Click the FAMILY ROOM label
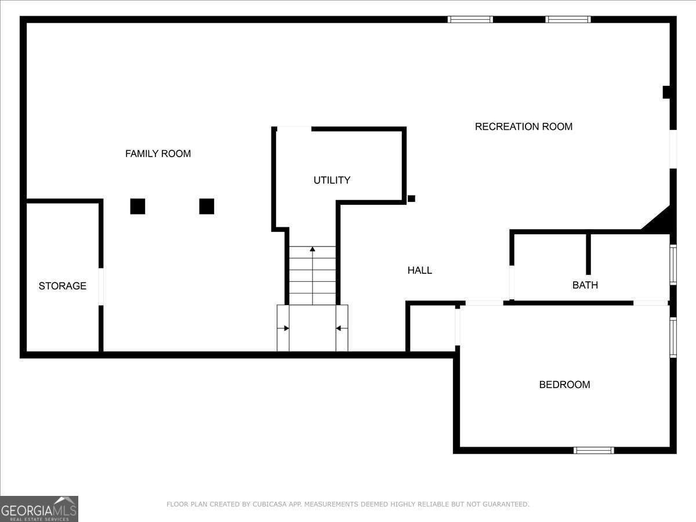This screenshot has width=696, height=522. click(158, 154)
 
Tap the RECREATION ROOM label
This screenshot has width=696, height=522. click(524, 127)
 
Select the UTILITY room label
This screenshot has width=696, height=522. click(332, 180)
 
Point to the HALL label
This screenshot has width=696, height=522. click(419, 270)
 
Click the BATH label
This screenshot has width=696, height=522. click(585, 285)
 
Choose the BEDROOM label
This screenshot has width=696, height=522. click(564, 385)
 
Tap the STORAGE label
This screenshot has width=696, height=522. click(63, 286)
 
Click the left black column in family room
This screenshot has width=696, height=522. click(137, 206)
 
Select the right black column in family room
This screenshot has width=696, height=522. click(206, 206)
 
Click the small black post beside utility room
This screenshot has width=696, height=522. click(411, 199)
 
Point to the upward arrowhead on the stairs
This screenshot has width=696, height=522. click(313, 249)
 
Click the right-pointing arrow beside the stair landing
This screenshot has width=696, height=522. click(283, 328)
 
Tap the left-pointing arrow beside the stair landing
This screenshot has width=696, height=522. click(342, 328)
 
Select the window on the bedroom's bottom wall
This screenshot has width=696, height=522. click(593, 451)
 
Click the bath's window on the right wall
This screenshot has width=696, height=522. click(673, 265)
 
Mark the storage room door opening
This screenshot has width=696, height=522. click(101, 287)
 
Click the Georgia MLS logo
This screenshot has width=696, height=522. click(39, 509)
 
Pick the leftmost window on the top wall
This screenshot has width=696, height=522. click(470, 19)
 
